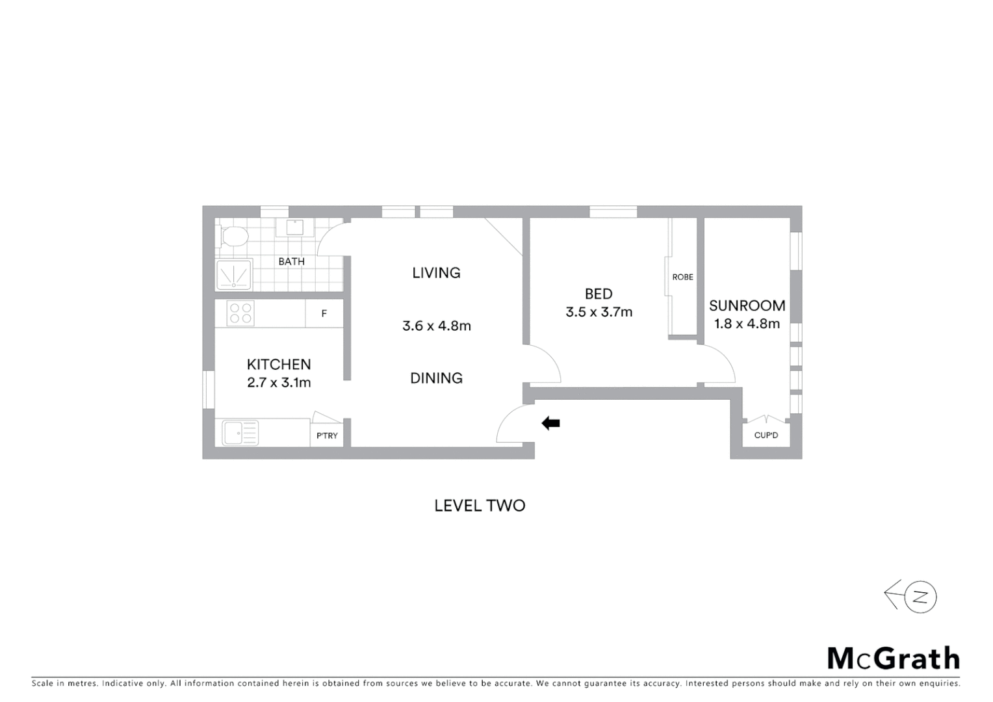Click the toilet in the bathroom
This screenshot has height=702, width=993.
pos(233,236)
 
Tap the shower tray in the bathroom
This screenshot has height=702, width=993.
pos(234,275)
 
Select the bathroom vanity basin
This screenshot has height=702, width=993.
pos(295,227)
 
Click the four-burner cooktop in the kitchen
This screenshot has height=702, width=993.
pos(240,313)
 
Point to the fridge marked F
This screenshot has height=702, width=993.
pos(324,314)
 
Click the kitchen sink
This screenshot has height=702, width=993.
pos(240,432)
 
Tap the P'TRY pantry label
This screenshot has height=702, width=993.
pos(327,435)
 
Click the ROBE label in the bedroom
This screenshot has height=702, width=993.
pos(682,277)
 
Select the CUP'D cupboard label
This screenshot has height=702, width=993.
pos(766,435)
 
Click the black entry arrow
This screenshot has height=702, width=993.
pos(551,423)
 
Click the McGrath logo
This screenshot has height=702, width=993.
pos(893,658)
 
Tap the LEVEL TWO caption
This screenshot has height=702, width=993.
pos(480,506)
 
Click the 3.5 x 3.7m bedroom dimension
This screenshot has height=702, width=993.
pos(599,312)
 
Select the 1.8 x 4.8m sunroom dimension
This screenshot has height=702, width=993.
pos(747,324)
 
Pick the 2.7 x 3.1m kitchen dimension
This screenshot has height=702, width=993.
pos(279,383)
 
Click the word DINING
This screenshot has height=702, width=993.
pos(436,378)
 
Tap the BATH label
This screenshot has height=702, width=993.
pos(291,261)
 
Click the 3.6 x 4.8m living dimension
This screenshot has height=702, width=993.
pos(436,326)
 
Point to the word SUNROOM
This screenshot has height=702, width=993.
pos(747,305)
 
